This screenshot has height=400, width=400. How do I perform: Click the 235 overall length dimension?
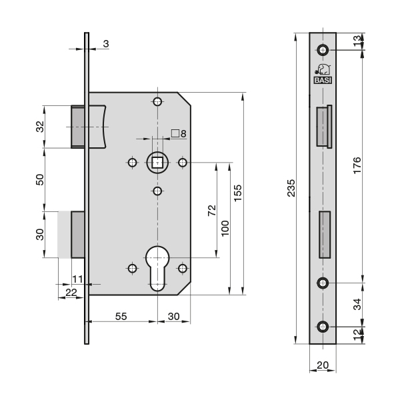pyautogui.click(x=291, y=188)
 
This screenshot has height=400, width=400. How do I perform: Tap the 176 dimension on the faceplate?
pyautogui.click(x=357, y=165)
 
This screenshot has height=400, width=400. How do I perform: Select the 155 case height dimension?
pyautogui.click(x=237, y=193)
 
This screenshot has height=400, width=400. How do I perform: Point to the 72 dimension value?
pyautogui.click(x=212, y=211)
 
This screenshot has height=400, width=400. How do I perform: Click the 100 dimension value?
pyautogui.click(x=225, y=228)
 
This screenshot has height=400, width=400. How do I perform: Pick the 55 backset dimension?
pyautogui.click(x=121, y=316)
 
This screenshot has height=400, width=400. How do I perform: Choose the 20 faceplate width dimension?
pyautogui.click(x=323, y=365)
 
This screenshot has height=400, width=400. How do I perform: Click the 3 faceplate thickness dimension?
pyautogui.click(x=106, y=44)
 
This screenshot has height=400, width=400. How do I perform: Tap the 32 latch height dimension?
pyautogui.click(x=40, y=127)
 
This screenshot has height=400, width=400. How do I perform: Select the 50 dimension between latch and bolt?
pyautogui.click(x=40, y=179)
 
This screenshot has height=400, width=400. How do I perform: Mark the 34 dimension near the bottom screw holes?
pyautogui.click(x=357, y=304)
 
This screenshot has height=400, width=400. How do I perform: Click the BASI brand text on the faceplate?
pyautogui.click(x=323, y=81)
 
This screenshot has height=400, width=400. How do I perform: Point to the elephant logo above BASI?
pyautogui.click(x=323, y=69)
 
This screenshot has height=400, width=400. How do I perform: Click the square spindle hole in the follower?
pyautogui.click(x=157, y=163)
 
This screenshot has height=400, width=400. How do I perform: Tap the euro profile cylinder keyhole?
pyautogui.click(x=157, y=268)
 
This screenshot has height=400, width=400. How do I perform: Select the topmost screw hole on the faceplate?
pyautogui.click(x=323, y=49)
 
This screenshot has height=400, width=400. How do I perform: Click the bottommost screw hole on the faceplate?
pyautogui.click(x=323, y=327)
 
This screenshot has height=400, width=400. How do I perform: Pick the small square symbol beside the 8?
pyautogui.click(x=175, y=133)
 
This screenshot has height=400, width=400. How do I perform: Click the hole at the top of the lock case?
pyautogui.click(x=157, y=102)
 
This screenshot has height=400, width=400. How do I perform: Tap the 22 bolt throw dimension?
pyautogui.click(x=71, y=293)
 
